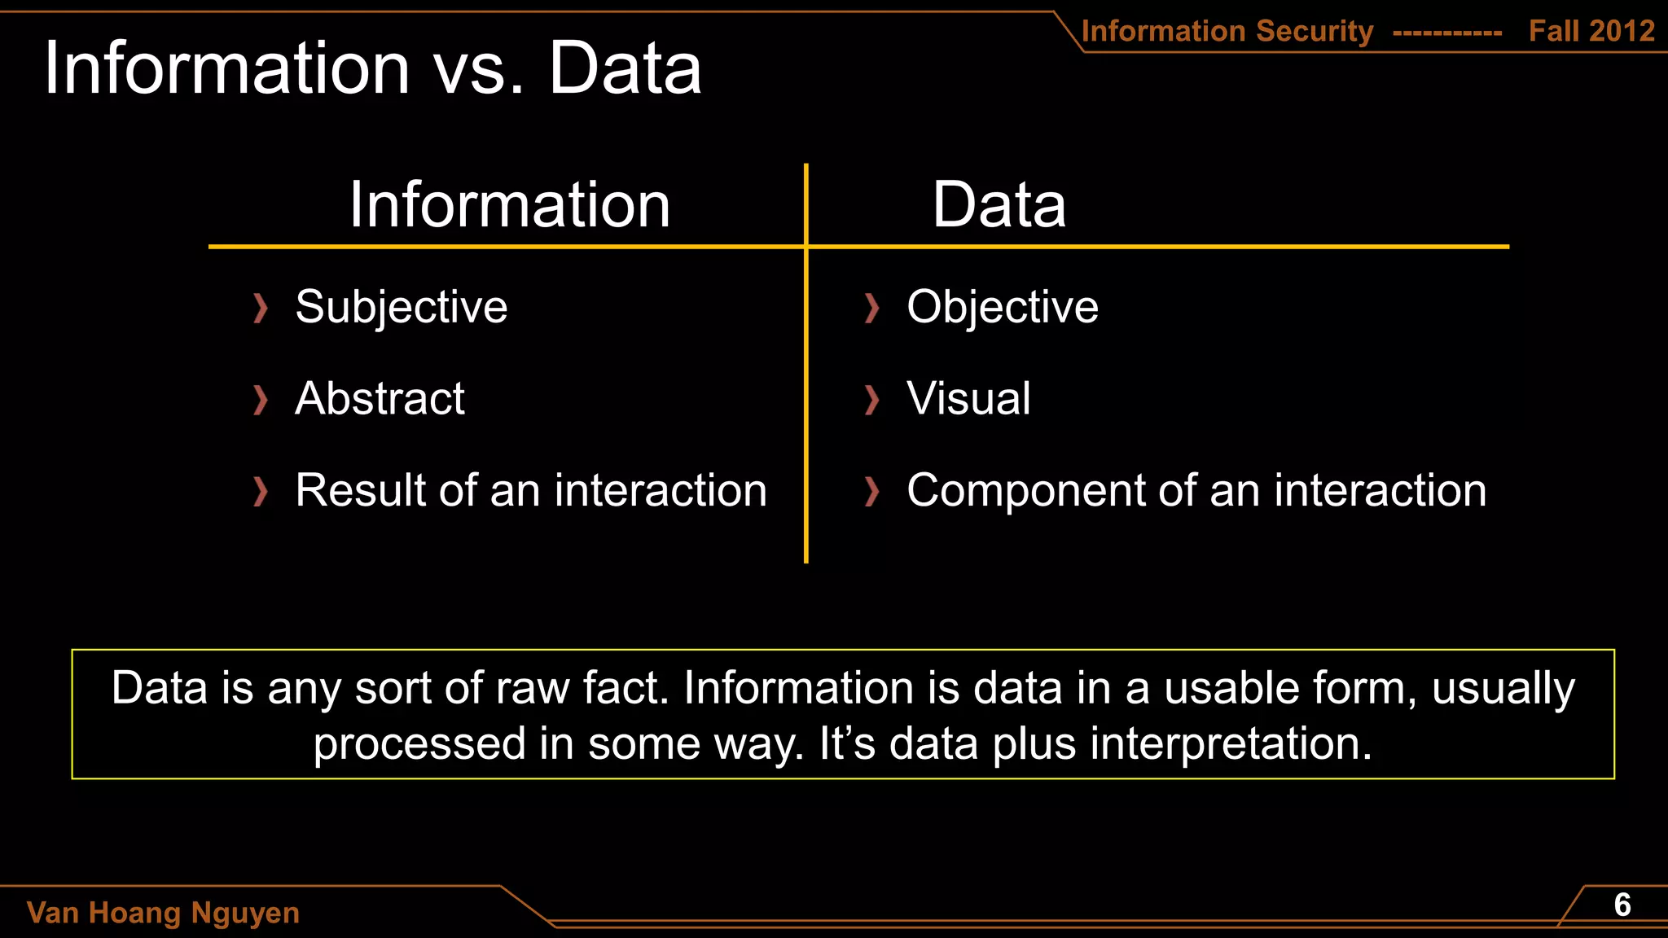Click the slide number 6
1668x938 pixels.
tap(1622, 905)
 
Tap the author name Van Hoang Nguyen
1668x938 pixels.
tap(163, 913)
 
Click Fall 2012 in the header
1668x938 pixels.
tap(1591, 31)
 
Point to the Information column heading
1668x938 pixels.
tap(509, 204)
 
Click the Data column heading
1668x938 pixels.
tap(999, 204)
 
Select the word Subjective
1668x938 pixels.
tap(401, 307)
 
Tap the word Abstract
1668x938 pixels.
tap(380, 398)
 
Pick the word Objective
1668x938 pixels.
tap(1002, 307)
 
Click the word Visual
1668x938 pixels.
tap(968, 398)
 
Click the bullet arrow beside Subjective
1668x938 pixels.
tap(260, 308)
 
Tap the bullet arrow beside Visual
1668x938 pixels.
tap(871, 400)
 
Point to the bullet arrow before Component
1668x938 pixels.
tap(871, 492)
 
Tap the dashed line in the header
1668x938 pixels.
tap(1447, 33)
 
